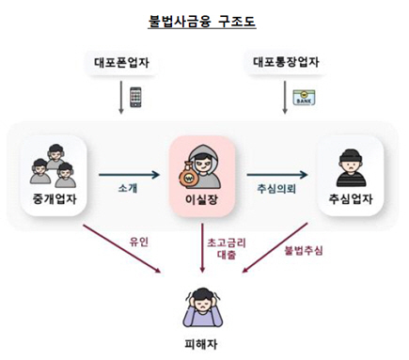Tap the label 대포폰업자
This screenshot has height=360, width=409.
tap(124, 64)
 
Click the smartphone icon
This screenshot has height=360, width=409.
tap(136, 97)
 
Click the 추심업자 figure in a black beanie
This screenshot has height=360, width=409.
tap(349, 165)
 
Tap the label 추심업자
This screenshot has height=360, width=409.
tap(349, 199)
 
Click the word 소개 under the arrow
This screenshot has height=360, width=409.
tap(129, 189)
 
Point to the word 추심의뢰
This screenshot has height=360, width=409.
tap(276, 189)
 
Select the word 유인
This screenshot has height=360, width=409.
tap(140, 242)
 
